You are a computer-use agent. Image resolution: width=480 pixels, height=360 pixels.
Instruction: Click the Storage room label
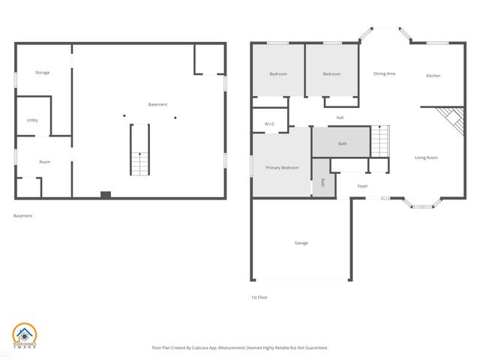[x=43, y=73]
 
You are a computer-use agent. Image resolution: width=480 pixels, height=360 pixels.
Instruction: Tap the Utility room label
[x=32, y=120]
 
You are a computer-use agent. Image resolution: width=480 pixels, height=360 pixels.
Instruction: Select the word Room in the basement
[x=45, y=162]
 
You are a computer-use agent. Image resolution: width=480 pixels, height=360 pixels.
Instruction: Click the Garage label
[x=301, y=242]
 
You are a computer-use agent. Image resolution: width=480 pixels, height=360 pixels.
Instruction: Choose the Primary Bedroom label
[x=282, y=167]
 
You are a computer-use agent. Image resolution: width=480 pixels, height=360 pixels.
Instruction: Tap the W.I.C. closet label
[x=270, y=124]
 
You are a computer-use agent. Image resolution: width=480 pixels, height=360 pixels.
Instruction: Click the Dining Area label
[x=385, y=73]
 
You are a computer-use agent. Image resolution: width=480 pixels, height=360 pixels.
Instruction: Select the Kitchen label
[x=433, y=76]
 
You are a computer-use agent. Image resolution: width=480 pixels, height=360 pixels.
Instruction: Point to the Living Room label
[x=426, y=157]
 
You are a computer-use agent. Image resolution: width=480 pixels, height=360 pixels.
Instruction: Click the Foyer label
[x=362, y=185]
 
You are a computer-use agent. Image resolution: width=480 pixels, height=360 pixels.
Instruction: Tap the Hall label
[x=340, y=117]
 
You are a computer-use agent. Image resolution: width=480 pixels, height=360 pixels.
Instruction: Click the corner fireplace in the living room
[x=450, y=118]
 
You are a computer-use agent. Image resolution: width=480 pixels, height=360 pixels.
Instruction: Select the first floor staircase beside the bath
[x=380, y=141]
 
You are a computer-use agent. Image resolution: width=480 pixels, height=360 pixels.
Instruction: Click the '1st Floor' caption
[x=259, y=297]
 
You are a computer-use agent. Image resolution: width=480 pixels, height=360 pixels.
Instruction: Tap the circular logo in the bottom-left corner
[x=23, y=335]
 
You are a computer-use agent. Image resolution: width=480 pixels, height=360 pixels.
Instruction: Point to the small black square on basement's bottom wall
[x=106, y=195]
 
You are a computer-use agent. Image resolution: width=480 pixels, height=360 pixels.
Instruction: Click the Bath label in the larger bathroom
[x=342, y=143]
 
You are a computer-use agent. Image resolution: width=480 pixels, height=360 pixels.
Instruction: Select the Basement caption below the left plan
[x=22, y=216]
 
